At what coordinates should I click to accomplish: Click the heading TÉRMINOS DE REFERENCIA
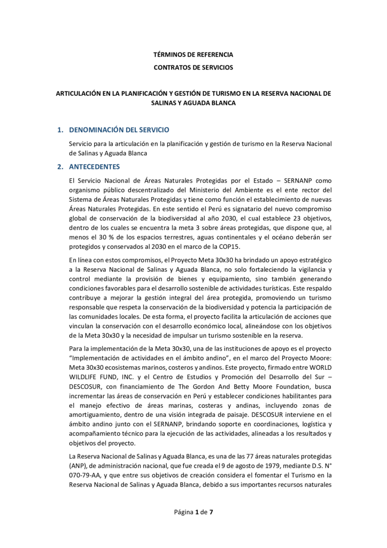pyautogui.click(x=193, y=55)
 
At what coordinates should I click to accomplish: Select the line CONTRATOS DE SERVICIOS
pyautogui.click(x=193, y=68)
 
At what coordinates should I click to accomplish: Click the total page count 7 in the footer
pyautogui.click(x=211, y=512)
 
